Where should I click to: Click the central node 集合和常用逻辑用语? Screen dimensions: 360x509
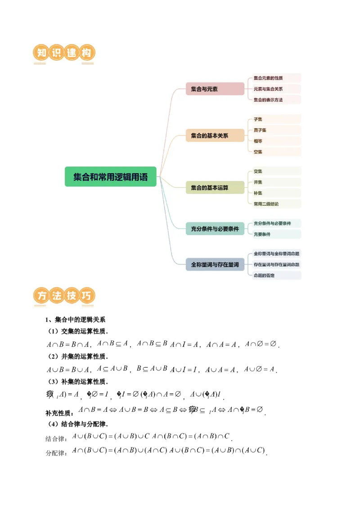(110, 177)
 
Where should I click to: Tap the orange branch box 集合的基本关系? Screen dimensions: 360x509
(215, 135)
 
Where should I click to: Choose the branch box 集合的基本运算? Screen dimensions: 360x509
(215, 188)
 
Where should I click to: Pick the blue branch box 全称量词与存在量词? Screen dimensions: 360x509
(215, 264)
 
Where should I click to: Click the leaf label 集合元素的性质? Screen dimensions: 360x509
(268, 78)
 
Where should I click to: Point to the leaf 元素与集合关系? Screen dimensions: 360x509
(268, 89)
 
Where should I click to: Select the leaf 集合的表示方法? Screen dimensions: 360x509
(268, 100)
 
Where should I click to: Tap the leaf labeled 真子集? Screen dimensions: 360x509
(260, 130)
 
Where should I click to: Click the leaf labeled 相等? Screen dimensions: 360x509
(258, 141)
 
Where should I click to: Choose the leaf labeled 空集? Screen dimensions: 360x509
(258, 152)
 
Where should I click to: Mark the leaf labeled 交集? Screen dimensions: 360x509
(258, 171)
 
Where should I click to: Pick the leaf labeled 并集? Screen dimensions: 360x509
(258, 182)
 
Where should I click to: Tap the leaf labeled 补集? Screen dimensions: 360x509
(258, 193)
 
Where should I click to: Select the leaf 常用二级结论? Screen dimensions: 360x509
(266, 204)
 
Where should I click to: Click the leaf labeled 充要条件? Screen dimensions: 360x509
(262, 234)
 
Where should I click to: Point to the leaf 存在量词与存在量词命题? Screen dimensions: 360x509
(276, 264)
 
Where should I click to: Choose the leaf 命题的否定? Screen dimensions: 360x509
(264, 275)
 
